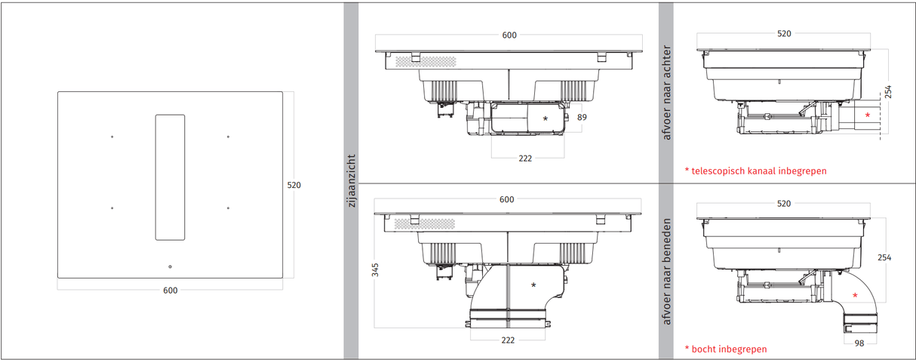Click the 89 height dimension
pyautogui.click(x=582, y=117)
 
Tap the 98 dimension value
pyautogui.click(x=860, y=343)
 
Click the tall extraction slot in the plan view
pyautogui.click(x=170, y=177)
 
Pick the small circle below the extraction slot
pyautogui.click(x=170, y=266)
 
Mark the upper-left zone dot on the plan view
pyautogui.click(x=112, y=137)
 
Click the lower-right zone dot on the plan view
pyautogui.click(x=228, y=208)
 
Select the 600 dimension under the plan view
pyautogui.click(x=171, y=291)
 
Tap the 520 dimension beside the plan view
pyautogui.click(x=294, y=185)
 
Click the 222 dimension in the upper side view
pyautogui.click(x=525, y=158)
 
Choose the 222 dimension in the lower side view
pyautogui.click(x=508, y=340)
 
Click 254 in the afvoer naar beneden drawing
pyautogui.click(x=884, y=257)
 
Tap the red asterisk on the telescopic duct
pyautogui.click(x=868, y=115)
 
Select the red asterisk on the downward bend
pyautogui.click(x=855, y=295)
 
